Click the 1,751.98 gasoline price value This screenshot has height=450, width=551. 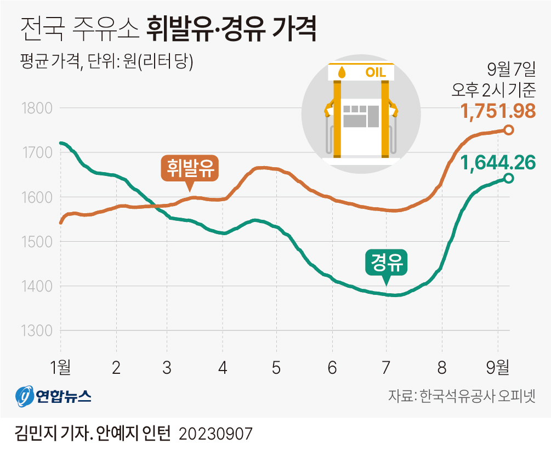(498, 111)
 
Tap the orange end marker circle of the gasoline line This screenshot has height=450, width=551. (508, 130)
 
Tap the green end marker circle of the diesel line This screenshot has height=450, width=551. (508, 178)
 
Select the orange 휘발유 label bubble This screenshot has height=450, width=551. (190, 168)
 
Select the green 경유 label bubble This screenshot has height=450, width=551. (386, 265)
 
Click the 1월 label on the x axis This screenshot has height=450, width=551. (60, 368)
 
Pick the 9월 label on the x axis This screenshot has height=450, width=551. (497, 368)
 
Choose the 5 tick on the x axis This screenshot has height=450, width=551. (276, 368)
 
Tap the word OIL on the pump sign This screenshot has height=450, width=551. (376, 72)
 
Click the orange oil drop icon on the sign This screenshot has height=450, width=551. (342, 72)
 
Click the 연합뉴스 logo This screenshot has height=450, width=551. (53, 396)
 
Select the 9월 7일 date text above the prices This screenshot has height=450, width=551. (510, 70)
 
